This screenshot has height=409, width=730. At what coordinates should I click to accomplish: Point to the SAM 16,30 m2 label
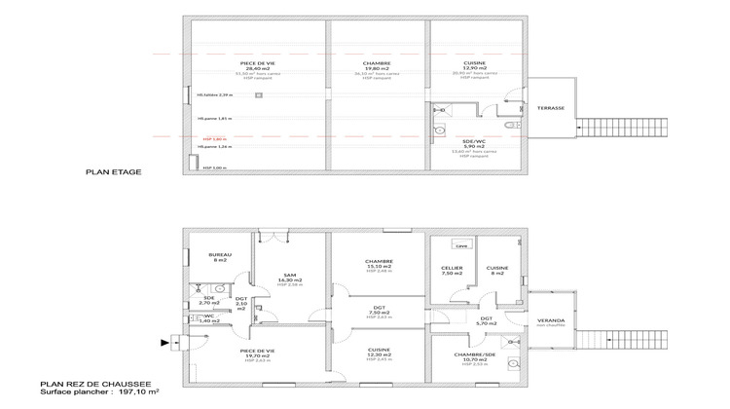pyautogui.click(x=290, y=279)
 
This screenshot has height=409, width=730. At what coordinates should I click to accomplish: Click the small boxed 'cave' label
pyautogui.click(x=461, y=246)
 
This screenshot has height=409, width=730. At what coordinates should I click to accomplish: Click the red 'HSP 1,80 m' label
pyautogui.click(x=213, y=138)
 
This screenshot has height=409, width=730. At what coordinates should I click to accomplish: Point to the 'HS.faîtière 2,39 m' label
pyautogui.click(x=215, y=95)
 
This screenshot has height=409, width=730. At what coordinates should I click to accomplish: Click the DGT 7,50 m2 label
pyautogui.click(x=377, y=312)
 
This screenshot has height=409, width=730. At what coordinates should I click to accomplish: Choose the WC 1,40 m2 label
pyautogui.click(x=208, y=318)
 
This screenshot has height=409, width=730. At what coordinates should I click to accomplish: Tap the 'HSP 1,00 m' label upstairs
pyautogui.click(x=213, y=167)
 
